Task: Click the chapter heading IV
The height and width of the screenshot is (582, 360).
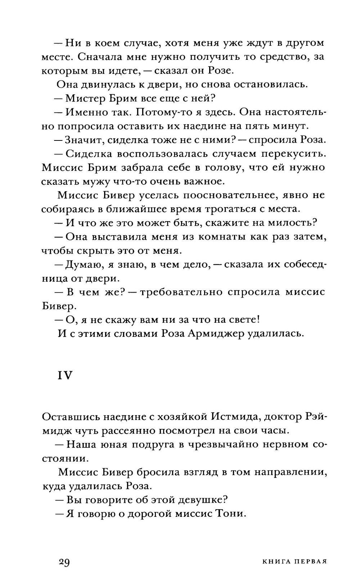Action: coord(65,375)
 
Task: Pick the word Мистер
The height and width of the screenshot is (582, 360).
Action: coord(82,98)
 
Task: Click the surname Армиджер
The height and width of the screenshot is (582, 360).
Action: coord(224,333)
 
